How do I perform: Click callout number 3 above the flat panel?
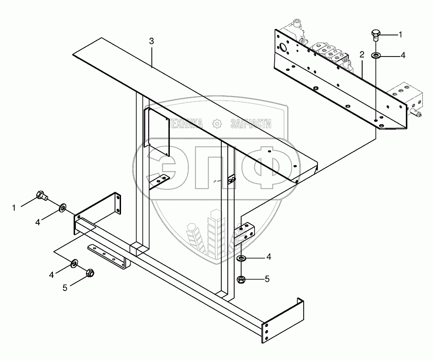pyautogui.click(x=152, y=41)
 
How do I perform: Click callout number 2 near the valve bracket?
pyautogui.click(x=362, y=55)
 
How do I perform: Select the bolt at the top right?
pyautogui.click(x=375, y=34)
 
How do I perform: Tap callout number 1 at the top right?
pyautogui.click(x=400, y=34)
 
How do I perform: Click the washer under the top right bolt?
pyautogui.click(x=376, y=56)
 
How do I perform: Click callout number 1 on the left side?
pyautogui.click(x=14, y=208)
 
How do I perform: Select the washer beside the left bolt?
pyautogui.click(x=62, y=210)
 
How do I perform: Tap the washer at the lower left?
pyautogui.click(x=74, y=263)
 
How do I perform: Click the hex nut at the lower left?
pyautogui.click(x=90, y=273)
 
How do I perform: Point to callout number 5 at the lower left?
pyautogui.click(x=65, y=287)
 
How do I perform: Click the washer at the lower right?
pyautogui.click(x=241, y=259)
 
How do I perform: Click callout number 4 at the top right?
pyautogui.click(x=403, y=56)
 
